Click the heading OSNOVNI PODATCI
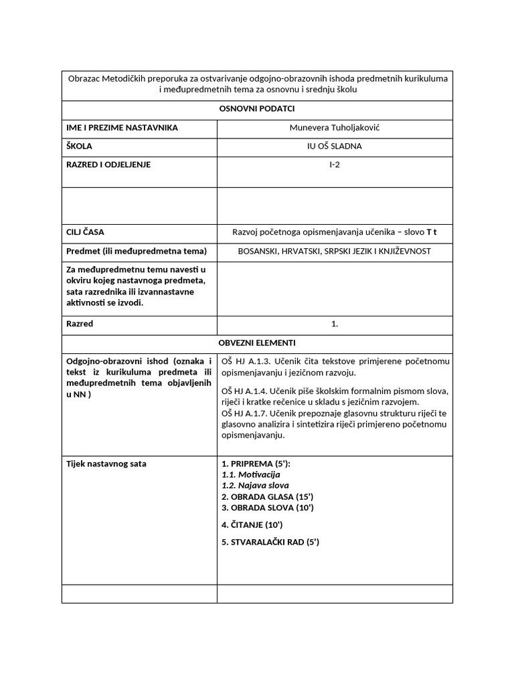click(257, 108)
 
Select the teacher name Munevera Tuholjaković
click(335, 127)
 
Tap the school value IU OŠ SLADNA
click(335, 146)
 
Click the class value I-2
click(335, 165)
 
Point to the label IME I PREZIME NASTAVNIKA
click(122, 127)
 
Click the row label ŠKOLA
click(80, 146)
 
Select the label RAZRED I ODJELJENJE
click(108, 165)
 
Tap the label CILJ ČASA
click(86, 232)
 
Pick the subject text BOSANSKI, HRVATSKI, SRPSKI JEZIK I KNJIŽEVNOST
click(335, 251)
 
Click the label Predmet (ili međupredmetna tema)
click(137, 251)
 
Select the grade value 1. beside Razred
click(335, 324)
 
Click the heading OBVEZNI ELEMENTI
click(257, 342)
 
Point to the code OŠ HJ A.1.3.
click(246, 362)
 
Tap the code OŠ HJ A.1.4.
click(246, 391)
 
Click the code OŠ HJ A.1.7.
click(246, 402)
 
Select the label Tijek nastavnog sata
click(106, 464)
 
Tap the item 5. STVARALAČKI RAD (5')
click(270, 542)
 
